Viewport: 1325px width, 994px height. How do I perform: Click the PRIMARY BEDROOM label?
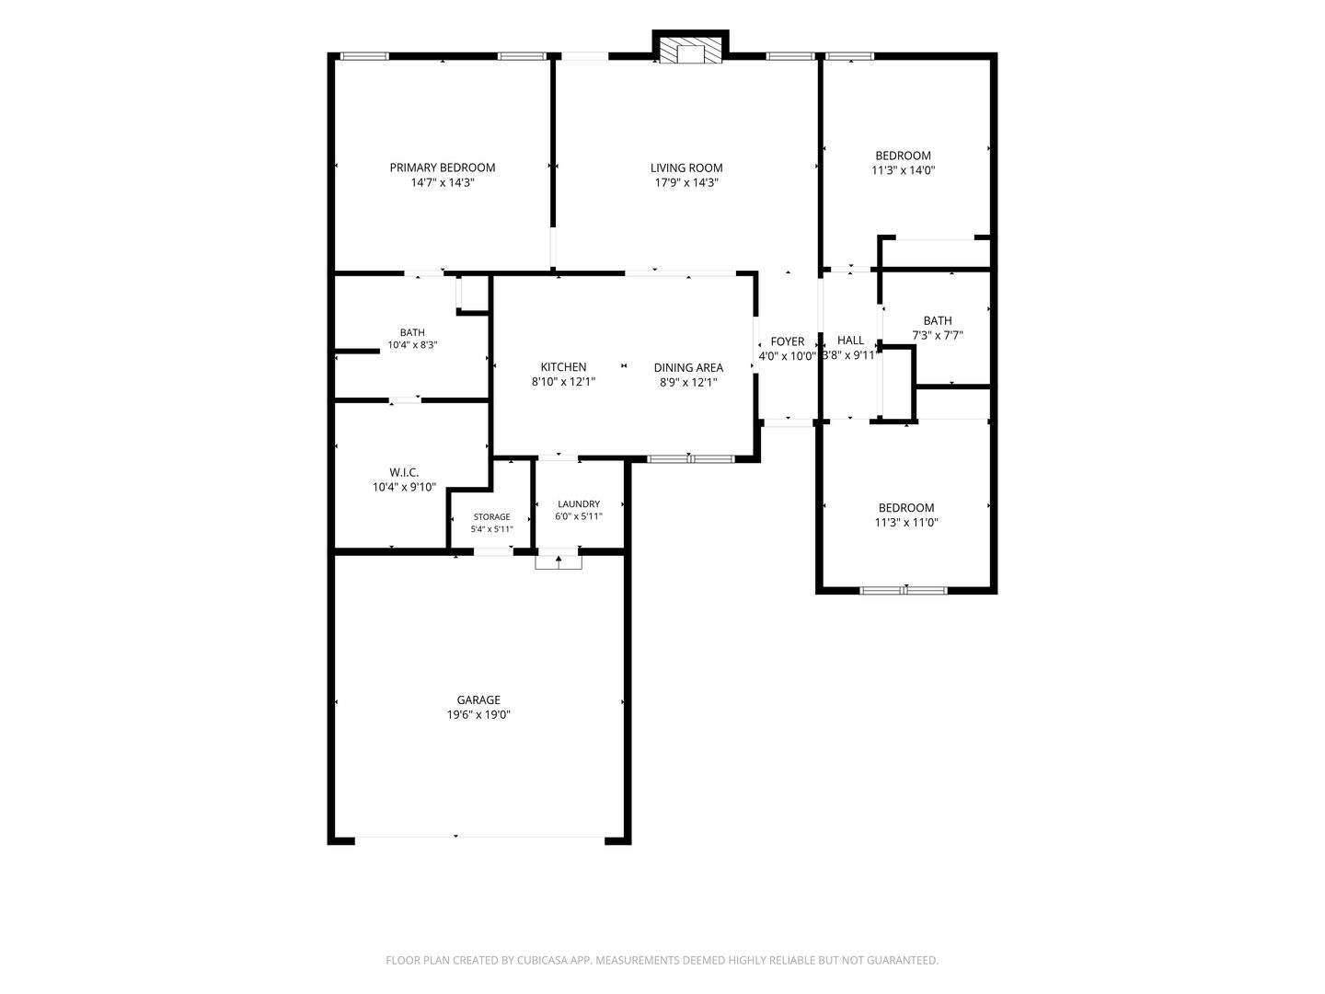coord(442,168)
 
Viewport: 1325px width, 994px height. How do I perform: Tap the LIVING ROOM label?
coord(686,168)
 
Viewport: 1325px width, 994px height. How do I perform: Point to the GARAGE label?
coord(478,700)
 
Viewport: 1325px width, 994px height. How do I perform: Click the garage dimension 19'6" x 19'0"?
coord(478,715)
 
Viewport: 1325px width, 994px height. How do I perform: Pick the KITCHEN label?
coord(563,367)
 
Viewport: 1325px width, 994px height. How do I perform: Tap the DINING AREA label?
coord(688,367)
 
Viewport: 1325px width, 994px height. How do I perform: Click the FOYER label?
coord(787,341)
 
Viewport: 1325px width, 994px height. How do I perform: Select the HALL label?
coord(850,341)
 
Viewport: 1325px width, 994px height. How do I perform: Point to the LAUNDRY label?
coord(578,504)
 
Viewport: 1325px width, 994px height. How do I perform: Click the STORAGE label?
coord(491,516)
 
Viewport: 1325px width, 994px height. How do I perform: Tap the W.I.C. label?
coord(404,472)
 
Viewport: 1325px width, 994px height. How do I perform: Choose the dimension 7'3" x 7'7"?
coord(937,336)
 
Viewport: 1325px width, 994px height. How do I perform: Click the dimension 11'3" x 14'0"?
coord(903,170)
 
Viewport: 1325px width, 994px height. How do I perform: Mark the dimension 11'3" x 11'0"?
coord(906,523)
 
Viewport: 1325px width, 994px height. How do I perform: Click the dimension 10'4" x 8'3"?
coord(412,345)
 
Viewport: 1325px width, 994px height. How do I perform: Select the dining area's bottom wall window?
coord(691,458)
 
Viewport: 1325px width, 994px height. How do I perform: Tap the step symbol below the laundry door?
coord(559,562)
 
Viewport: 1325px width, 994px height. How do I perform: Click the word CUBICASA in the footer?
coord(542,960)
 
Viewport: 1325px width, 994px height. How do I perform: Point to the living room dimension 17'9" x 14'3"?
coord(686,183)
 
